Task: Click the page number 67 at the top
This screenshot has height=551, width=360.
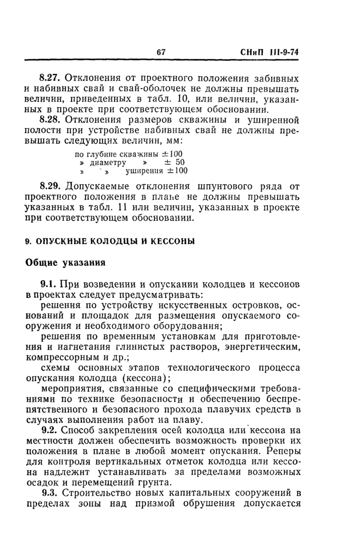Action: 161,52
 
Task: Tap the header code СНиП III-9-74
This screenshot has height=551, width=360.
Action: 269,52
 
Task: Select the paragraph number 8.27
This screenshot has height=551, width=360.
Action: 51,79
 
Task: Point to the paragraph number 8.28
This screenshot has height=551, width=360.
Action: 51,120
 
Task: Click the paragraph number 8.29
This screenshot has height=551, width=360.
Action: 51,186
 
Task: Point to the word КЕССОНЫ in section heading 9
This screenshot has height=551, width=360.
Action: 169,241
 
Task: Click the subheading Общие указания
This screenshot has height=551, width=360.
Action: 65,262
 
